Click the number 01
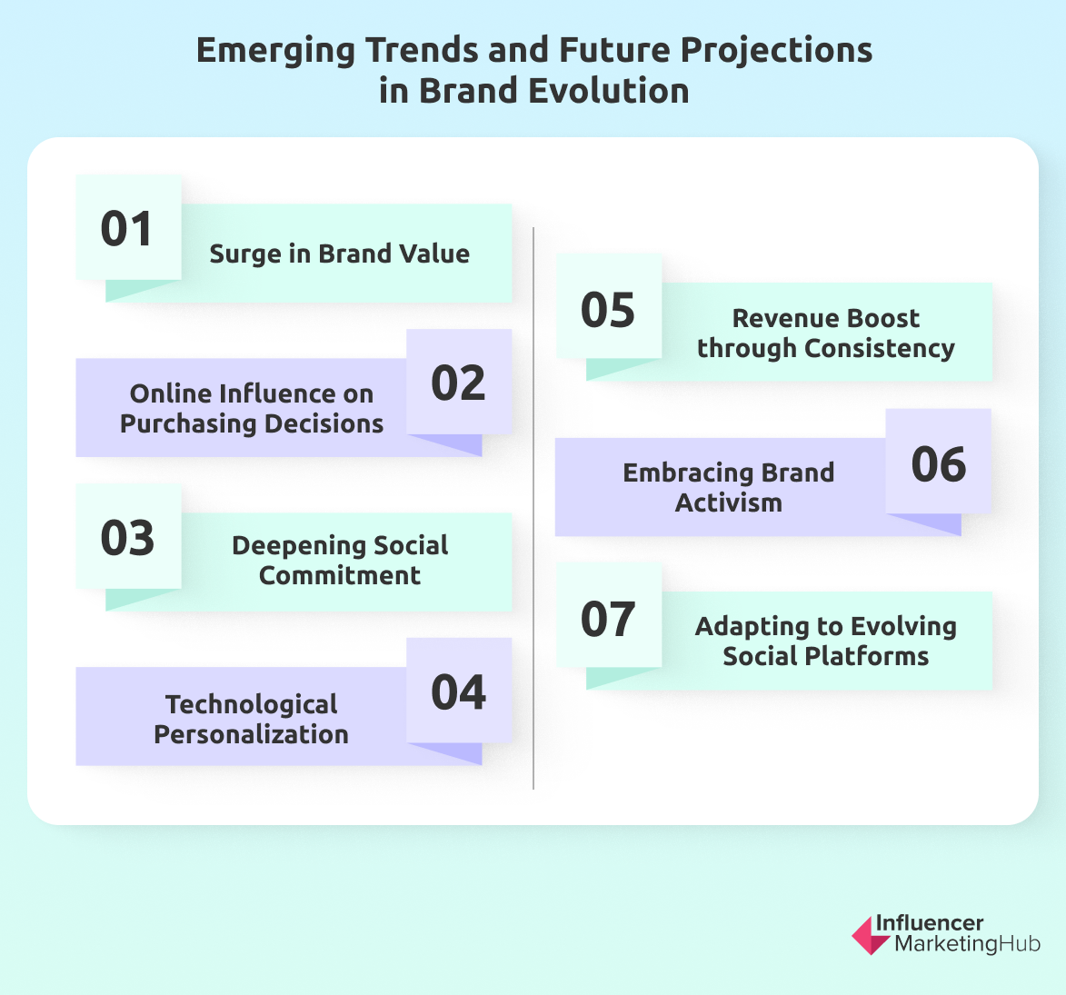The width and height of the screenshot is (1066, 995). click(x=126, y=229)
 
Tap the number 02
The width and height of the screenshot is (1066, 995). click(x=458, y=383)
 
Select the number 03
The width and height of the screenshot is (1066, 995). click(x=126, y=538)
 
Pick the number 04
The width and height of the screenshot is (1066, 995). click(x=458, y=692)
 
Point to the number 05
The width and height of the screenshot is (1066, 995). click(x=607, y=310)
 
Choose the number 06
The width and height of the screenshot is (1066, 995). click(x=938, y=464)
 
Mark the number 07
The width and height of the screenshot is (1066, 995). click(x=607, y=619)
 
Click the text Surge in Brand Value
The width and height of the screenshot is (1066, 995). click(x=339, y=254)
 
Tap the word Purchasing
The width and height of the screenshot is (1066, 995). click(x=188, y=423)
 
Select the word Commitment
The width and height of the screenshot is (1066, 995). click(x=339, y=575)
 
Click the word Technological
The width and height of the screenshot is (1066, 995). click(x=252, y=704)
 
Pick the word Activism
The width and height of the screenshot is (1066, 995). click(x=728, y=502)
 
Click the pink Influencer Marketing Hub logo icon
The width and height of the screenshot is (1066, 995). click(x=869, y=935)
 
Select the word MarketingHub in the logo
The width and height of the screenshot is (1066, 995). click(x=967, y=943)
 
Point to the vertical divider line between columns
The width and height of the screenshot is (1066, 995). click(x=533, y=509)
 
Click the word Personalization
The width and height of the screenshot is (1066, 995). click(x=251, y=734)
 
